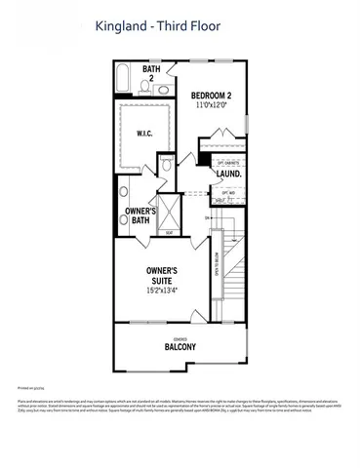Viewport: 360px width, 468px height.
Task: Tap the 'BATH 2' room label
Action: (x=151, y=73)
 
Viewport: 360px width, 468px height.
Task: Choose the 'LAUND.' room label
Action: (x=229, y=174)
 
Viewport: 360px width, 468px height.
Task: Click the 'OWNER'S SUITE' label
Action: (x=161, y=276)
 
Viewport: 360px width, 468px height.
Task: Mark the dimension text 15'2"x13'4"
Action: (x=161, y=290)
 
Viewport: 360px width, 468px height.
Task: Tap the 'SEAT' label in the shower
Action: (x=169, y=232)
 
